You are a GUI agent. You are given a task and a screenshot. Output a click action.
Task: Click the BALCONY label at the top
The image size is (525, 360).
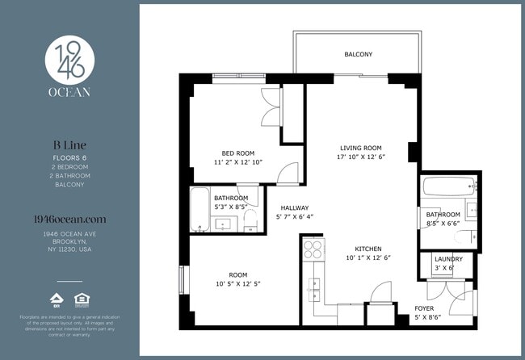358,55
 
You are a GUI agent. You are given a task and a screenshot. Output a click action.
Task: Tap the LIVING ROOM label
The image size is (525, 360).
360,148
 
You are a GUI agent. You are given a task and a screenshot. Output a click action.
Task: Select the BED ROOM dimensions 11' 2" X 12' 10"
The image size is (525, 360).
238,162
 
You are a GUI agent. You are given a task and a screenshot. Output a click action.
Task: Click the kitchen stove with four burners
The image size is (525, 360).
313,249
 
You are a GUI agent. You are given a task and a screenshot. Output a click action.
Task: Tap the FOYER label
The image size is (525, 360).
425,308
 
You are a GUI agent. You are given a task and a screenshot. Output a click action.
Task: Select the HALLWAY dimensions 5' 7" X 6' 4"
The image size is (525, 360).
293,217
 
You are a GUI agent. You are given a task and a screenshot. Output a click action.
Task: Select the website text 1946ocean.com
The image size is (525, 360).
68,219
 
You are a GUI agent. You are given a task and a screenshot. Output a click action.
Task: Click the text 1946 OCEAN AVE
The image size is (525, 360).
68,234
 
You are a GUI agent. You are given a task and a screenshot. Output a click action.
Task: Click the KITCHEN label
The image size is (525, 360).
367,249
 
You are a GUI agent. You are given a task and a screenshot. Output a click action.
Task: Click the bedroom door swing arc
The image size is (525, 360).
288,171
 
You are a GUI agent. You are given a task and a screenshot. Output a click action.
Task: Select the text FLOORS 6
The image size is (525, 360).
68,158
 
